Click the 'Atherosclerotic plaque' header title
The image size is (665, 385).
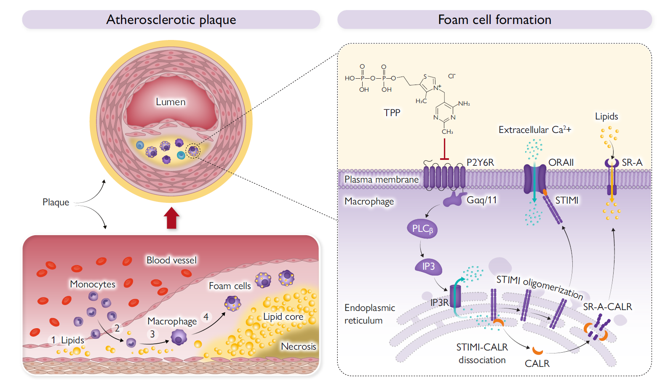171,20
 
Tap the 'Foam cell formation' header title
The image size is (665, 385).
494,20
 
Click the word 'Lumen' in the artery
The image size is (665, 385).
171,102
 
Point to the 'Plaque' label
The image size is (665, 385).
56,202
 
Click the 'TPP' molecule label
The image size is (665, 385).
392,113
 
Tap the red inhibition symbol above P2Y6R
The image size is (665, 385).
444,151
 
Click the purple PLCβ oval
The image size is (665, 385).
422,229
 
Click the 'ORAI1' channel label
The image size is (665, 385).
561,162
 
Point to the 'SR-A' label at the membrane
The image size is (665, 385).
632,162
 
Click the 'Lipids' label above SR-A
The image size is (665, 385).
606,117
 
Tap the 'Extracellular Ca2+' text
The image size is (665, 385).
534,130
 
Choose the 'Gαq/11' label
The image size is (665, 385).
482,200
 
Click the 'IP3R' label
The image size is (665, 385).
439,302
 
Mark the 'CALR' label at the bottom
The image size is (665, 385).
537,364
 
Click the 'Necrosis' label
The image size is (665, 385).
298,346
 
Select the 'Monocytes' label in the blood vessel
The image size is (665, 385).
93,284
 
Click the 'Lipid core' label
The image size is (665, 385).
283,316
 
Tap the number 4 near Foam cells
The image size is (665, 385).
206,316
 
